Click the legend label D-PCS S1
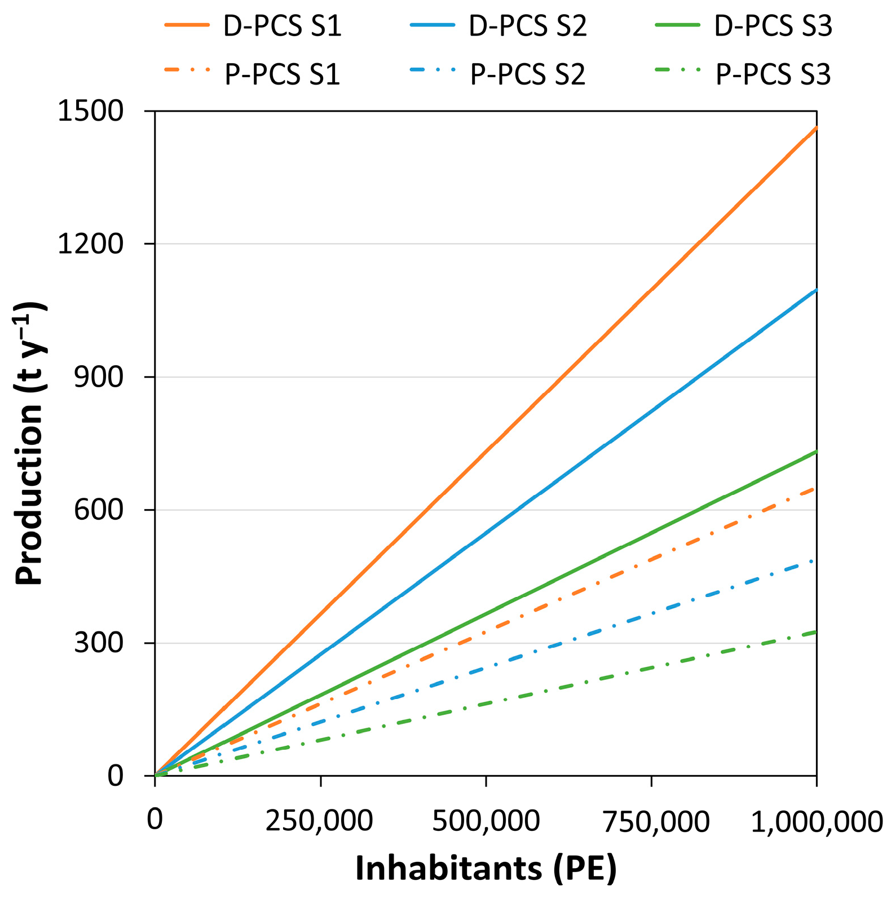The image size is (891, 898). pos(282,26)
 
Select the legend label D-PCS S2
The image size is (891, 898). pos(528,26)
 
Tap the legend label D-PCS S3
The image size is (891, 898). pos(773,26)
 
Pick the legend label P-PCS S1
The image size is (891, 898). pos(282,74)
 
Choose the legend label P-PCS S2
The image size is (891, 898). pos(528,74)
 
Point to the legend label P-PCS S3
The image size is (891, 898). pos(773,74)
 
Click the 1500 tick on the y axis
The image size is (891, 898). pos(90,111)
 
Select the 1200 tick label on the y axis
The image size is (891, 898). pos(90,244)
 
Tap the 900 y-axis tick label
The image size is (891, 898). pos(98,377)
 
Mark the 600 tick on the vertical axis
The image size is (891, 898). pos(98,510)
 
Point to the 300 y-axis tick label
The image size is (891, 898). pos(98,643)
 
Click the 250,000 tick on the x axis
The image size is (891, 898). pos(319,821)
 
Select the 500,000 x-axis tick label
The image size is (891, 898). pos(486,821)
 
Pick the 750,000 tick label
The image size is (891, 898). pos(656,821)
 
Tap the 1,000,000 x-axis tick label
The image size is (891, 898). pos(816,821)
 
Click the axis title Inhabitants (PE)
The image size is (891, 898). pos(486,868)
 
